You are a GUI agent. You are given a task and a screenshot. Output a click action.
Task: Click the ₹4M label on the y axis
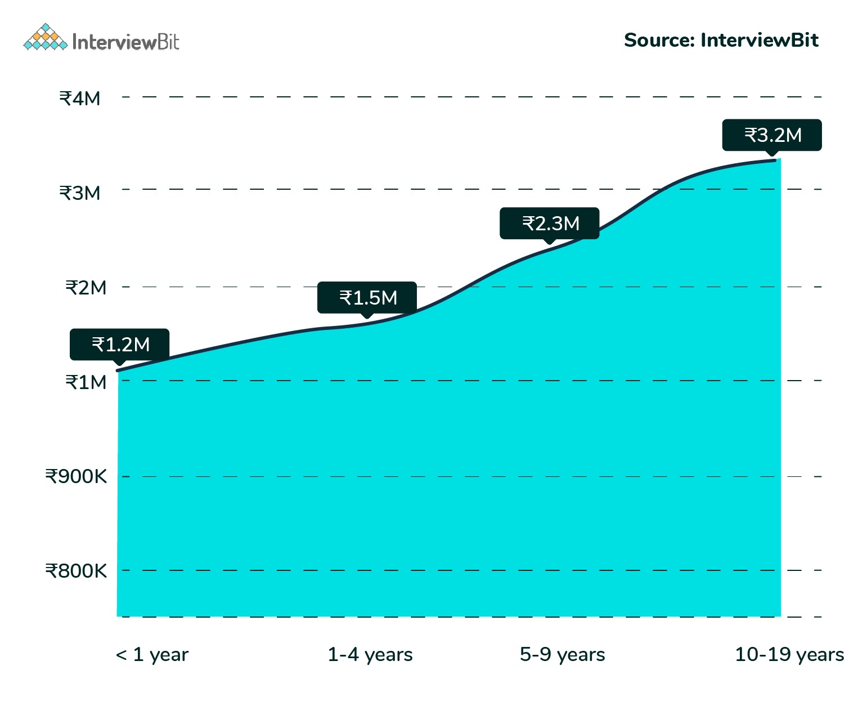[80, 99]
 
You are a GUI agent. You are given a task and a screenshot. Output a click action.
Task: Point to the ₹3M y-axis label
[80, 193]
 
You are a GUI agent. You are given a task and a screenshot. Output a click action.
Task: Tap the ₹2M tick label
[86, 288]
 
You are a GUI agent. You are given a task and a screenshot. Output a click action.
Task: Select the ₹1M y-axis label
[86, 382]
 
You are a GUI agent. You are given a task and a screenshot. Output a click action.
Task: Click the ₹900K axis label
[76, 476]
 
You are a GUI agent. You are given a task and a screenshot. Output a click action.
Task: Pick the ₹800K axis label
[76, 571]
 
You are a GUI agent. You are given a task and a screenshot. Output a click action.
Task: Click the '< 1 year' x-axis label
[152, 654]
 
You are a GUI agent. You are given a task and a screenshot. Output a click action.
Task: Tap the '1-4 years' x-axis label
[370, 654]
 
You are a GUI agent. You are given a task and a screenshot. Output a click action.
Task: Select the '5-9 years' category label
[562, 654]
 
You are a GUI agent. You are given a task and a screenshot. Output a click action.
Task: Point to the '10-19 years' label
[789, 654]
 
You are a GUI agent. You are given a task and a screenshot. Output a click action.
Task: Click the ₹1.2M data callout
[120, 344]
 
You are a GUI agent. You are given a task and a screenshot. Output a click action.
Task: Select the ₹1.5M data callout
[367, 297]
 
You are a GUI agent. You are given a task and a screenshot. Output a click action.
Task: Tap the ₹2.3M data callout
[550, 224]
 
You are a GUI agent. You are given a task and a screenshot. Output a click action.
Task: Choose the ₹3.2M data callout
[772, 135]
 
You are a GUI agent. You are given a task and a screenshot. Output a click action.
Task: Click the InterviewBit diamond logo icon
[45, 38]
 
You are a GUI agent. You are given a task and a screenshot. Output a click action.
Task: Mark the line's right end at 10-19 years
[775, 160]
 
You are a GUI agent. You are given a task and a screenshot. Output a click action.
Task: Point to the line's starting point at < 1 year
[118, 370]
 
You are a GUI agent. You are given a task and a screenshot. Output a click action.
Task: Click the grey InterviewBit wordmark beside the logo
[125, 42]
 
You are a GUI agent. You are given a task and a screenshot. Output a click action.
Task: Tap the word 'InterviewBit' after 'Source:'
[759, 41]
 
